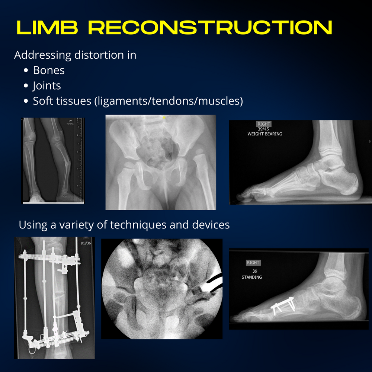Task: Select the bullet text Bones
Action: pyautogui.click(x=49, y=70)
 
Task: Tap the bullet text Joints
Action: pyautogui.click(x=47, y=86)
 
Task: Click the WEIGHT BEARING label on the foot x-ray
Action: pyautogui.click(x=264, y=134)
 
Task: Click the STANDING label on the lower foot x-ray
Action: pyautogui.click(x=252, y=277)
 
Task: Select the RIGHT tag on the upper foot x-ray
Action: pyautogui.click(x=263, y=124)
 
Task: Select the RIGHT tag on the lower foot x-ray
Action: pyautogui.click(x=253, y=263)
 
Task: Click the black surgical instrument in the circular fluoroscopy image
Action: pyautogui.click(x=210, y=285)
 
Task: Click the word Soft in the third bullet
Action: pyautogui.click(x=43, y=101)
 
